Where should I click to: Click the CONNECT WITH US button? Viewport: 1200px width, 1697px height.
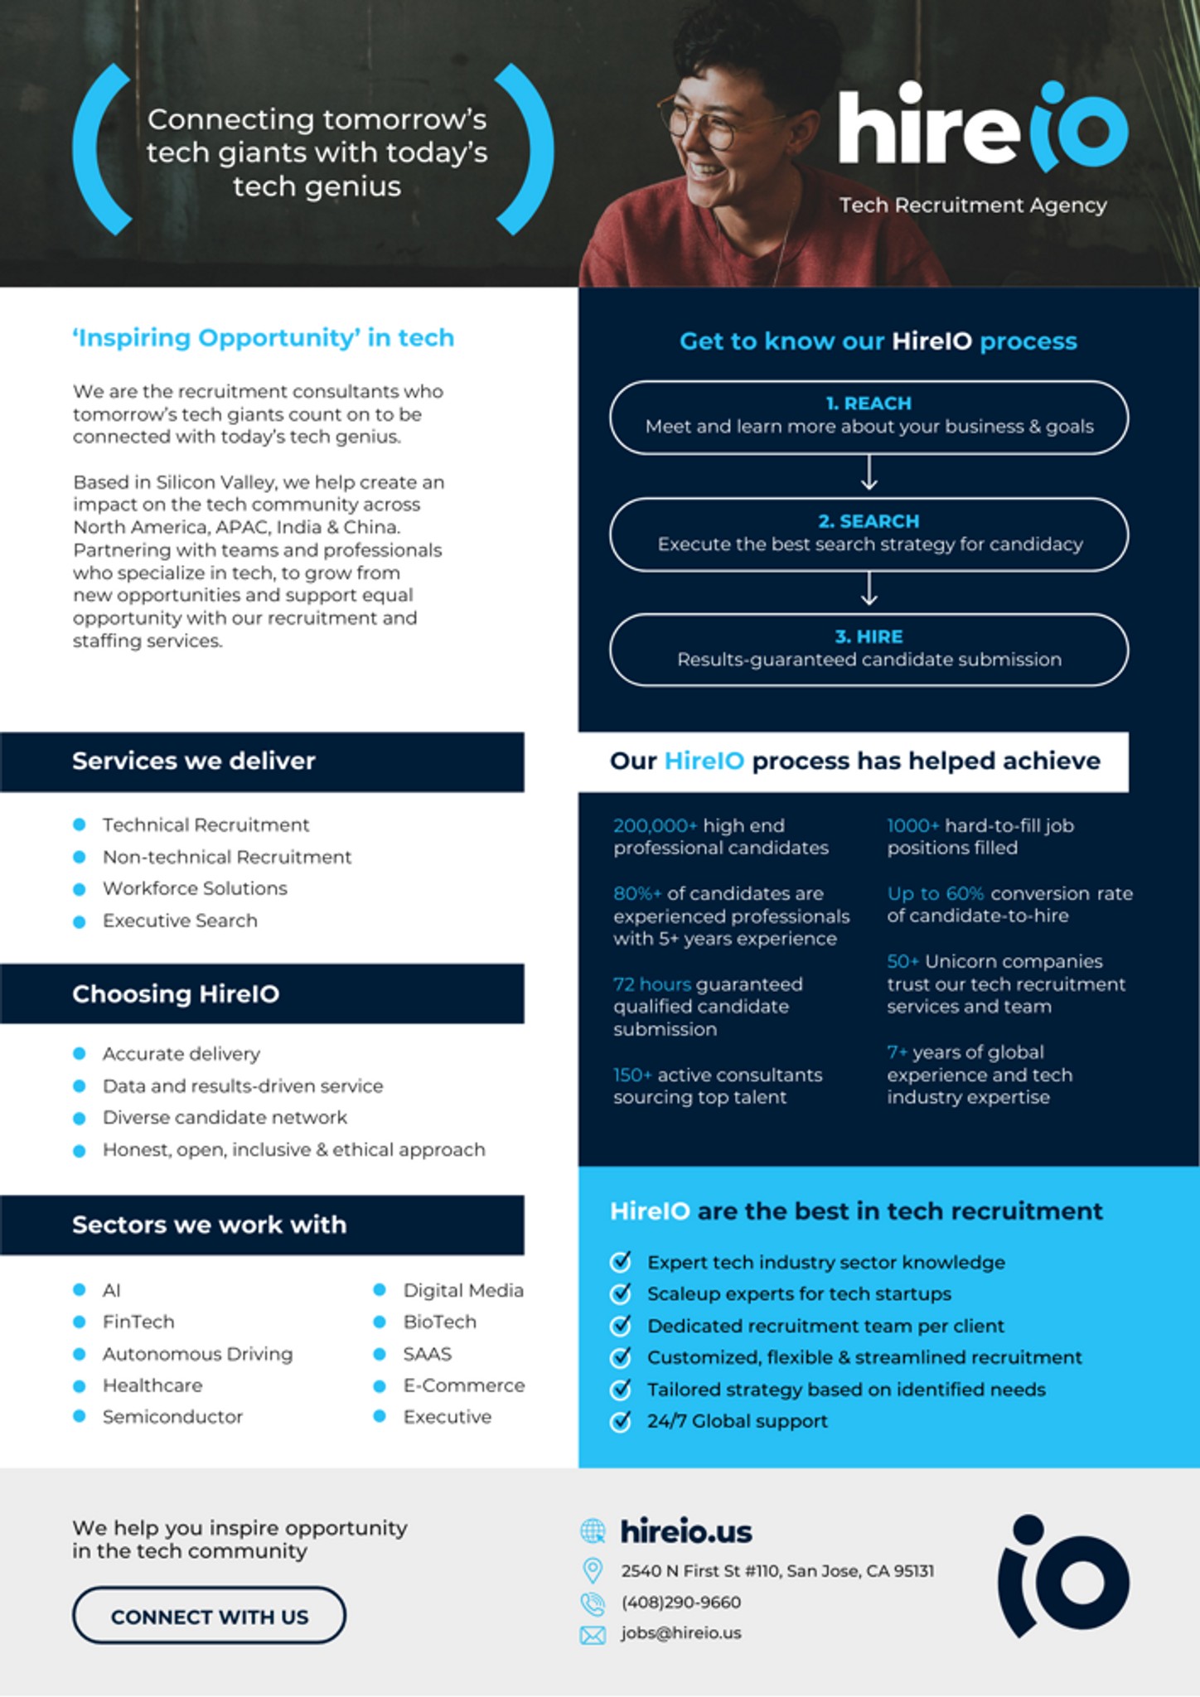pyautogui.click(x=209, y=1615)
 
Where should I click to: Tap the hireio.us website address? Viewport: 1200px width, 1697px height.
pyautogui.click(x=686, y=1532)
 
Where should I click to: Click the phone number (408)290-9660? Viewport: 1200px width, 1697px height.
pyautogui.click(x=681, y=1603)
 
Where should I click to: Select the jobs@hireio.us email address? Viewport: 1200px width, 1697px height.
pyautogui.click(x=681, y=1633)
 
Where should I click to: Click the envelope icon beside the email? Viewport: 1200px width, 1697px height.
pyautogui.click(x=593, y=1635)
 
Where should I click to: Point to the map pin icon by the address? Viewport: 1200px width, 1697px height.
pyautogui.click(x=593, y=1570)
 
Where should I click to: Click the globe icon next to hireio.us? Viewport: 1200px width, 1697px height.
pyautogui.click(x=593, y=1531)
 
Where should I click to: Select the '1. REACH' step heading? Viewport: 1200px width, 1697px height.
pyautogui.click(x=869, y=404)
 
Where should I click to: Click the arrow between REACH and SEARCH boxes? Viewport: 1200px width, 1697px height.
pyautogui.click(x=869, y=474)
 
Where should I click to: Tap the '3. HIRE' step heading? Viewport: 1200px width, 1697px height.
pyautogui.click(x=869, y=636)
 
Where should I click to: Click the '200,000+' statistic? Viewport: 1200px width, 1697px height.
pyautogui.click(x=656, y=825)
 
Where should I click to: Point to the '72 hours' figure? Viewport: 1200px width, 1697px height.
pyautogui.click(x=652, y=984)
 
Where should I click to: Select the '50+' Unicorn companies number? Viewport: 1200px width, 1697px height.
pyautogui.click(x=902, y=961)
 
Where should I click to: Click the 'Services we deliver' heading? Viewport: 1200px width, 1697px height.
pyautogui.click(x=194, y=761)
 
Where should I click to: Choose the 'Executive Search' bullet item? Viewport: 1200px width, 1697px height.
pyautogui.click(x=180, y=921)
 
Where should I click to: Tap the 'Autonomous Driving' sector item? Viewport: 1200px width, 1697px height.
pyautogui.click(x=197, y=1354)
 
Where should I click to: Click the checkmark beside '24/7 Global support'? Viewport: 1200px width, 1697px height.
pyautogui.click(x=621, y=1420)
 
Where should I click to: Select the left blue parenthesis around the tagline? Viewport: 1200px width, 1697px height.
pyautogui.click(x=99, y=149)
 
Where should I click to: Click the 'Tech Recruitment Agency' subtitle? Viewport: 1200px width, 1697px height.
pyautogui.click(x=973, y=205)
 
